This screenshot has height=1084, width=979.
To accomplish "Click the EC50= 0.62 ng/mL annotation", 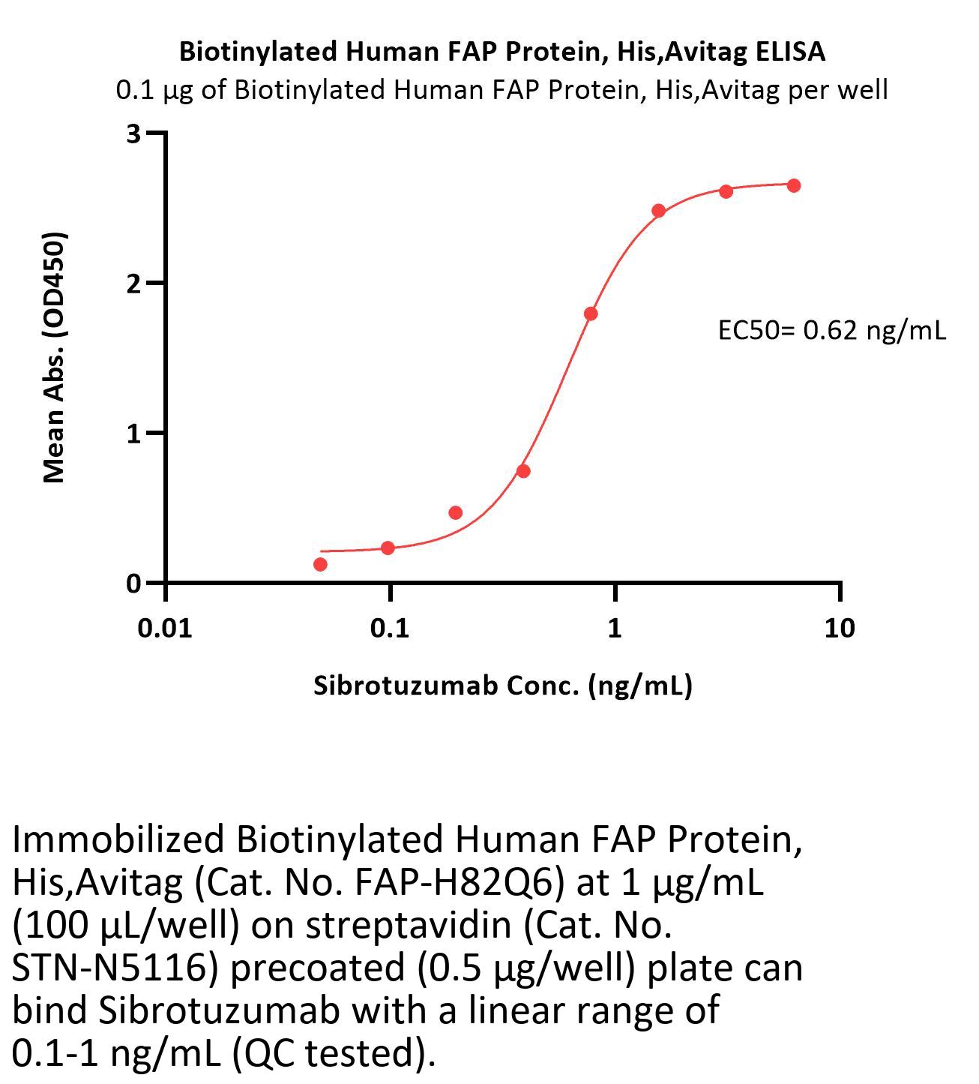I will [x=831, y=330].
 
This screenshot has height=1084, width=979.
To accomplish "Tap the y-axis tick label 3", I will [x=134, y=134].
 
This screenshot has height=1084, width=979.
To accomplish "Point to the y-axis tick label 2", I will [x=134, y=284].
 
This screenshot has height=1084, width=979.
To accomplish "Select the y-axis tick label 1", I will [x=134, y=434].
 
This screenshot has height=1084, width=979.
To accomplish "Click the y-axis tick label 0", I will [x=134, y=584].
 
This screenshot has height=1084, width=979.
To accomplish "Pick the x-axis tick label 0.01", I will [x=165, y=628].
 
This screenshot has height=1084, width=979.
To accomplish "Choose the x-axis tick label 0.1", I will [x=390, y=628].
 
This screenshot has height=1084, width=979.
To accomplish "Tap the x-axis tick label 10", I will [x=839, y=628].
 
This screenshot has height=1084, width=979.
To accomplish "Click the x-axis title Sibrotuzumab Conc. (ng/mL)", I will [x=502, y=686].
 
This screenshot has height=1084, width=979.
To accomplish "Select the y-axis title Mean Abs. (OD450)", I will [x=55, y=357].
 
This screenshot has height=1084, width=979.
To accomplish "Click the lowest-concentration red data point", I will [x=320, y=564].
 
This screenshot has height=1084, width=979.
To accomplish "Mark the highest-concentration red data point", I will [x=793, y=185].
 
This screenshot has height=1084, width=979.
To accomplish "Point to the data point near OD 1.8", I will [x=591, y=314].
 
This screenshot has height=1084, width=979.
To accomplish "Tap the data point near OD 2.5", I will [x=658, y=211].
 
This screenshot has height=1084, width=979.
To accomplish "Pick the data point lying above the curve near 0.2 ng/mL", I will [x=455, y=513].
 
